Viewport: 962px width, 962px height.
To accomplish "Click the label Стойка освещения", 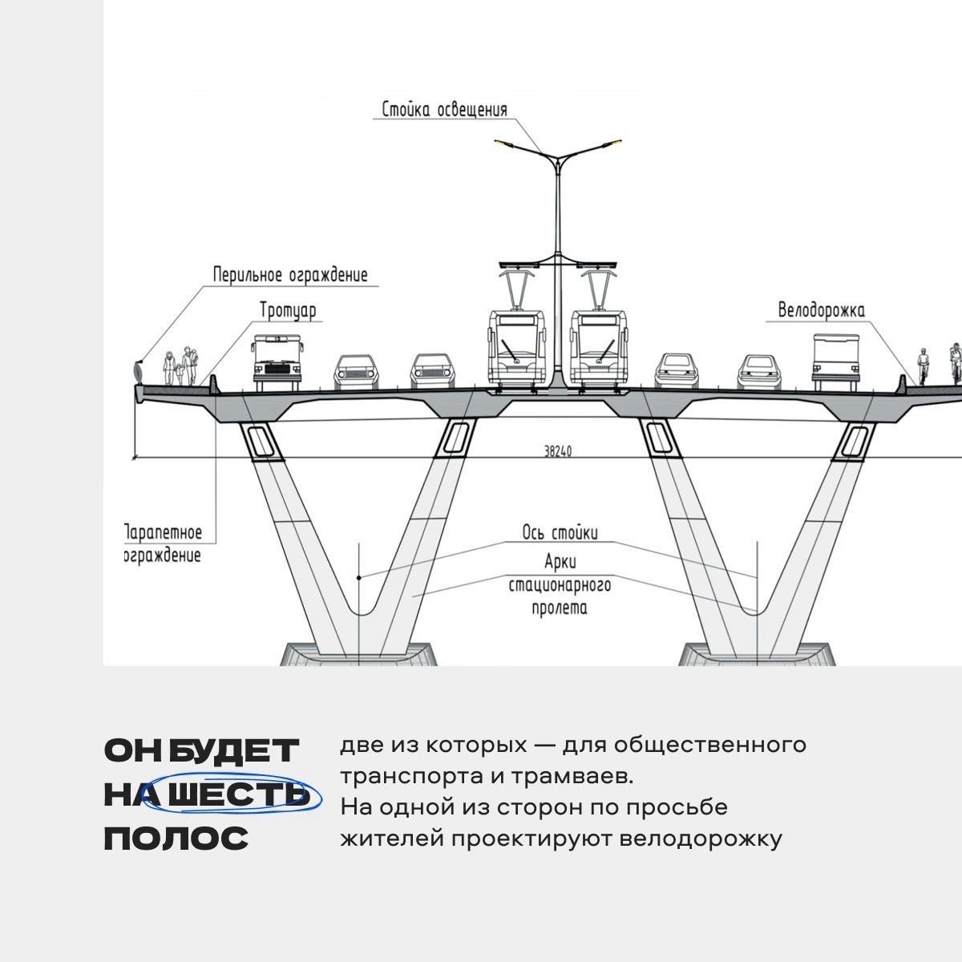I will tap(444, 109).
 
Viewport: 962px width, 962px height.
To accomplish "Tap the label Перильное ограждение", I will tap(290, 275).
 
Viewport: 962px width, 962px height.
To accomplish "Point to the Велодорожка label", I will tap(822, 311).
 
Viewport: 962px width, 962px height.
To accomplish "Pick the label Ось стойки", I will tap(560, 533).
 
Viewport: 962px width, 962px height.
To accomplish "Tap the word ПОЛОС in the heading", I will tap(176, 839).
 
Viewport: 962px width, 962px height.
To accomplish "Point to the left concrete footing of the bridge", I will tap(358, 653).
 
